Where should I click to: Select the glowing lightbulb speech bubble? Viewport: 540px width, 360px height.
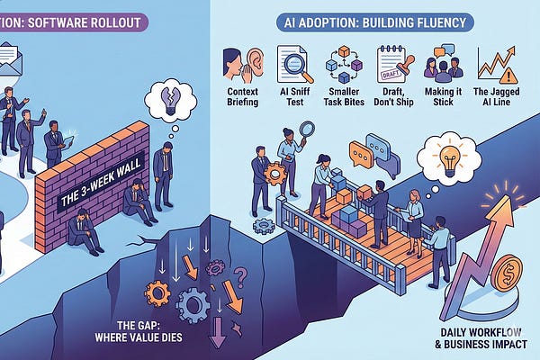pos(454,152)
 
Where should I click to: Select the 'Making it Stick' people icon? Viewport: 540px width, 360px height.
pos(444,67)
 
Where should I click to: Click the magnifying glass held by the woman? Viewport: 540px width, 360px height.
pos(305,131)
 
